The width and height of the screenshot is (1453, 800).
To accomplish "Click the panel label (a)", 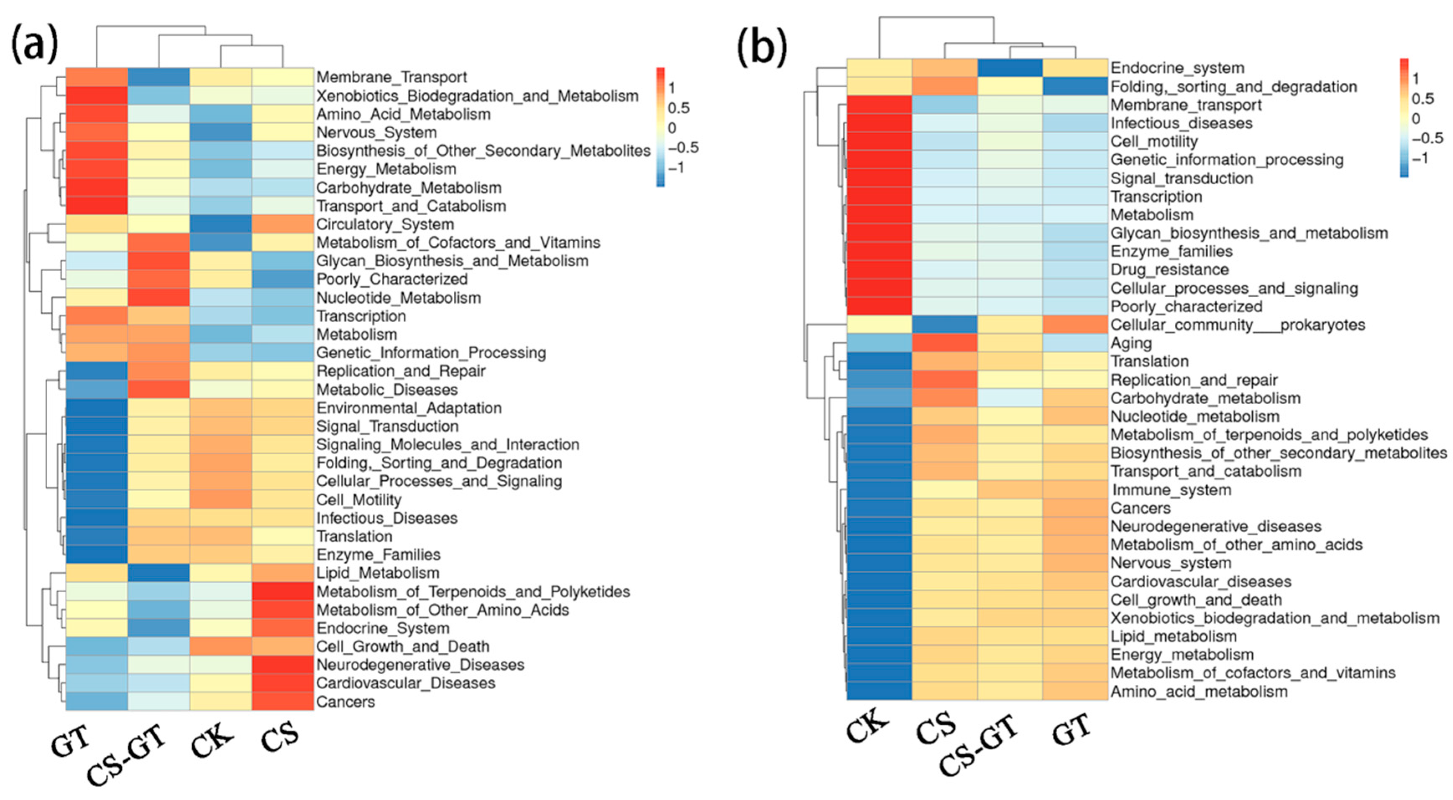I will point(35,45).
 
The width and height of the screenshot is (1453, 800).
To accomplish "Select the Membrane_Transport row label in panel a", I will point(391,77).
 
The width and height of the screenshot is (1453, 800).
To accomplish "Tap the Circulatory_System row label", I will point(385,224).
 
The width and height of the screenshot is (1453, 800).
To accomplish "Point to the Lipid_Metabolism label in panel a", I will point(377,573).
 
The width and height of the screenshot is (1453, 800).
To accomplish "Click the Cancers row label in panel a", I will point(345,702).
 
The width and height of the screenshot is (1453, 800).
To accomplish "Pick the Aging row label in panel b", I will point(1131,343).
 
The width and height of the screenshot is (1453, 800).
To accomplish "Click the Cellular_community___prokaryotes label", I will point(1238,325).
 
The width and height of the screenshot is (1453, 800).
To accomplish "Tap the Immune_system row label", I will point(1171,490).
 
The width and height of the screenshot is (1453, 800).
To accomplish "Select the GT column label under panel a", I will point(71,741).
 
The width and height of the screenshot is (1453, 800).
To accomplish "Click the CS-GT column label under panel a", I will point(127,755).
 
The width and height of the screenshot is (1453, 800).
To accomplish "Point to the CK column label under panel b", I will point(867,724).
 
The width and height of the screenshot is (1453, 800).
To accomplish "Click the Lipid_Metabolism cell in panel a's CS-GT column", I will point(159,573).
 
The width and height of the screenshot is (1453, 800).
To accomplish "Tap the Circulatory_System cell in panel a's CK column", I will point(220,224).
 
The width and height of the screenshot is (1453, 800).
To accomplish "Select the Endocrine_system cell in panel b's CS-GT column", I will point(1010,68).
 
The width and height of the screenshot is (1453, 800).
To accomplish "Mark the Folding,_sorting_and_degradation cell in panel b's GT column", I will point(1075,86).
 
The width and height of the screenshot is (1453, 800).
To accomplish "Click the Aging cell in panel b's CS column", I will point(944,343).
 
